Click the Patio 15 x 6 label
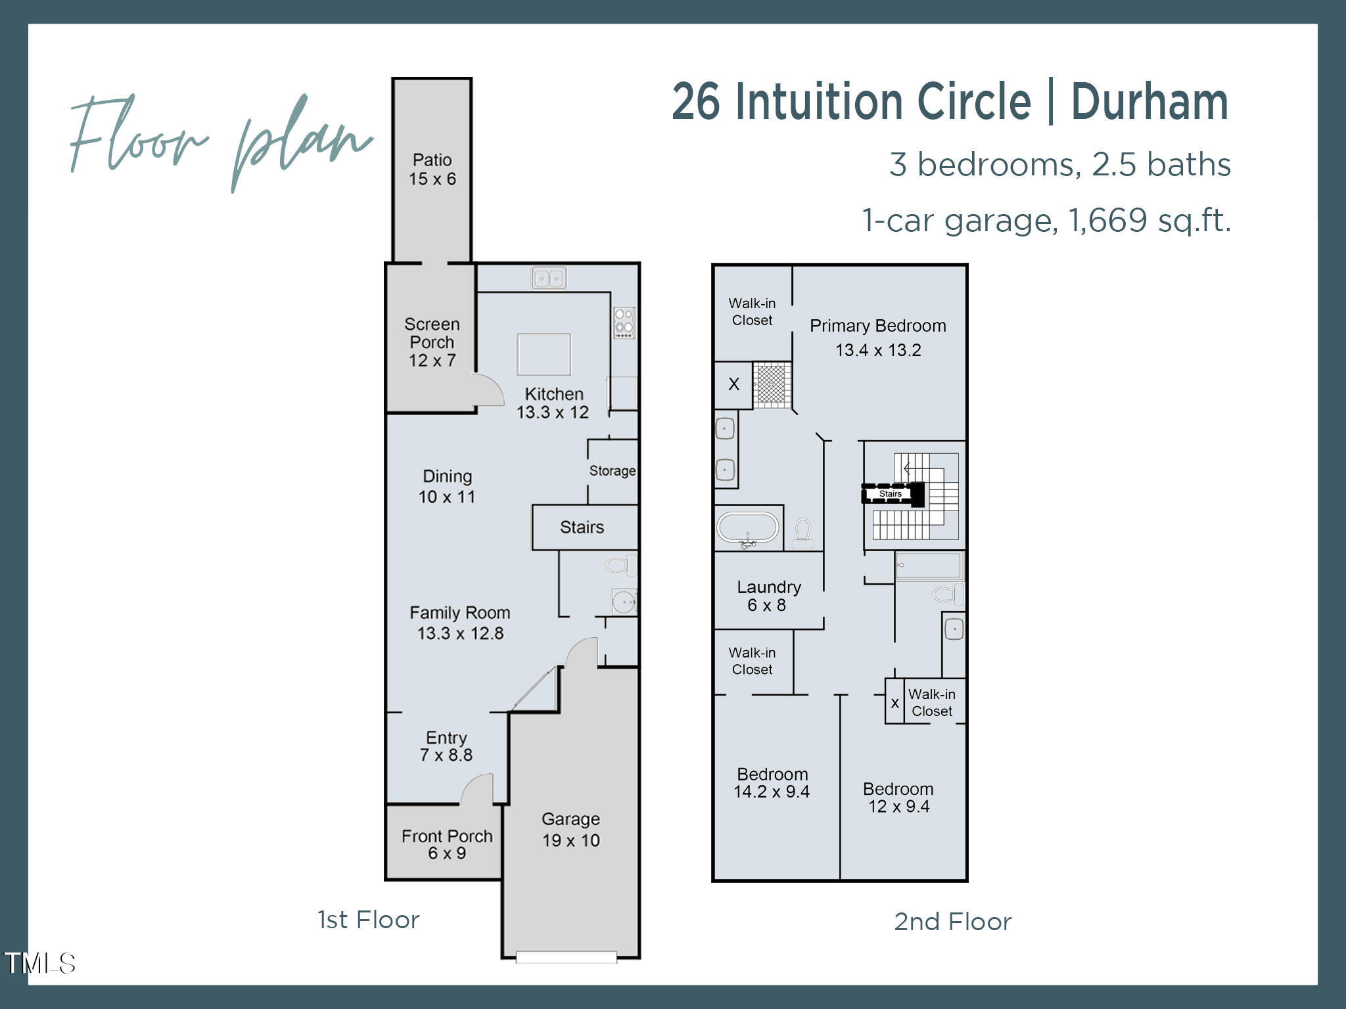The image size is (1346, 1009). pyautogui.click(x=432, y=169)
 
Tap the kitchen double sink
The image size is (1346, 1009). pyautogui.click(x=548, y=278)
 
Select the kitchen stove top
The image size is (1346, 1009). pyautogui.click(x=624, y=323)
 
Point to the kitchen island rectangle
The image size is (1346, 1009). pyautogui.click(x=544, y=354)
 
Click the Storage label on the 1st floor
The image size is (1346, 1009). pyautogui.click(x=612, y=470)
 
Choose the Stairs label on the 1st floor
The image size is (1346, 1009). pyautogui.click(x=582, y=527)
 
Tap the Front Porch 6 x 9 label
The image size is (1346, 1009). pyautogui.click(x=447, y=844)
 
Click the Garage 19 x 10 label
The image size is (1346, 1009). pyautogui.click(x=570, y=830)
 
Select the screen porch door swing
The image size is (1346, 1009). pyautogui.click(x=489, y=391)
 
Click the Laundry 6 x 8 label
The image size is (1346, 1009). pyautogui.click(x=768, y=596)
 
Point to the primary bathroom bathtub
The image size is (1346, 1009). pyautogui.click(x=748, y=527)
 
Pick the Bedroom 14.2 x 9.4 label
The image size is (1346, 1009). pyautogui.click(x=772, y=782)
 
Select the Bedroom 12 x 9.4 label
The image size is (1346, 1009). pyautogui.click(x=898, y=797)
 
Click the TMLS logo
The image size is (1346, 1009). pyautogui.click(x=40, y=964)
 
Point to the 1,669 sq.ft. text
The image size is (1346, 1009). pyautogui.click(x=1149, y=221)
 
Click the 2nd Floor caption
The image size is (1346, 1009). pyautogui.click(x=952, y=922)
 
